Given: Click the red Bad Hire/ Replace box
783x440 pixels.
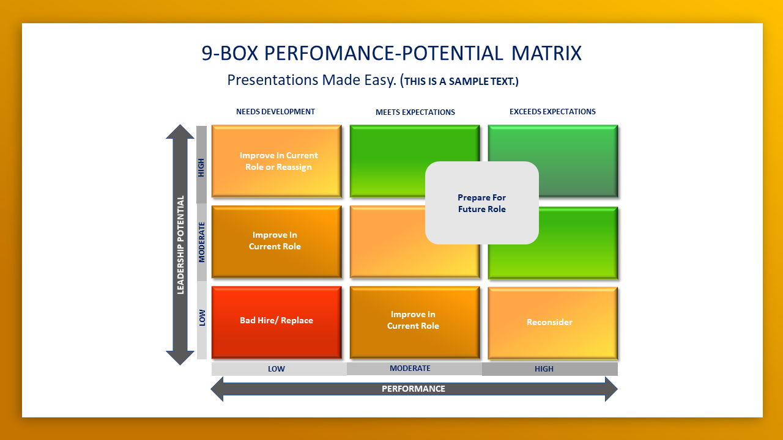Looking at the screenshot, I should click(276, 321).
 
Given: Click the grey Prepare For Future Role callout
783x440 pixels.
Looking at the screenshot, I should click(482, 204).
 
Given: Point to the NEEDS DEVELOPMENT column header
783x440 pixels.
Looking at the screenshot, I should click(275, 112).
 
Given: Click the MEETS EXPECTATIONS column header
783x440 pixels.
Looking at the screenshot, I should click(415, 112).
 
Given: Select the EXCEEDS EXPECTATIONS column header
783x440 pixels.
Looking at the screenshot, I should click(552, 112).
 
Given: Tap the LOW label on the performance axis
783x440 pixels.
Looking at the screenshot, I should click(276, 369).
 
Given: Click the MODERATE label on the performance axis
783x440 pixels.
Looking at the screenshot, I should click(410, 369).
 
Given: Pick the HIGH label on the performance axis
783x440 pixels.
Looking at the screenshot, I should click(544, 369).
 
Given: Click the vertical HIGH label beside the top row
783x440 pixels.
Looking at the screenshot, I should click(202, 168).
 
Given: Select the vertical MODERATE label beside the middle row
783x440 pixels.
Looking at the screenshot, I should click(202, 243).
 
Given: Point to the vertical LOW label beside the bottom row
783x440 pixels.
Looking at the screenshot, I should click(202, 317).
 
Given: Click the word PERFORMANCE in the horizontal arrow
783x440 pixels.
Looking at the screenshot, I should click(414, 389).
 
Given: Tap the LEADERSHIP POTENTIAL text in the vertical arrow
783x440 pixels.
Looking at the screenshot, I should click(180, 244).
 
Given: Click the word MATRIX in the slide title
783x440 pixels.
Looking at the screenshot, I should click(546, 54).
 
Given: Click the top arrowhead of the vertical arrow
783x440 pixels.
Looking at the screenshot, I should click(180, 130).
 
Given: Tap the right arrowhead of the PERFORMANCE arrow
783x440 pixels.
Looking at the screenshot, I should click(611, 389).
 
